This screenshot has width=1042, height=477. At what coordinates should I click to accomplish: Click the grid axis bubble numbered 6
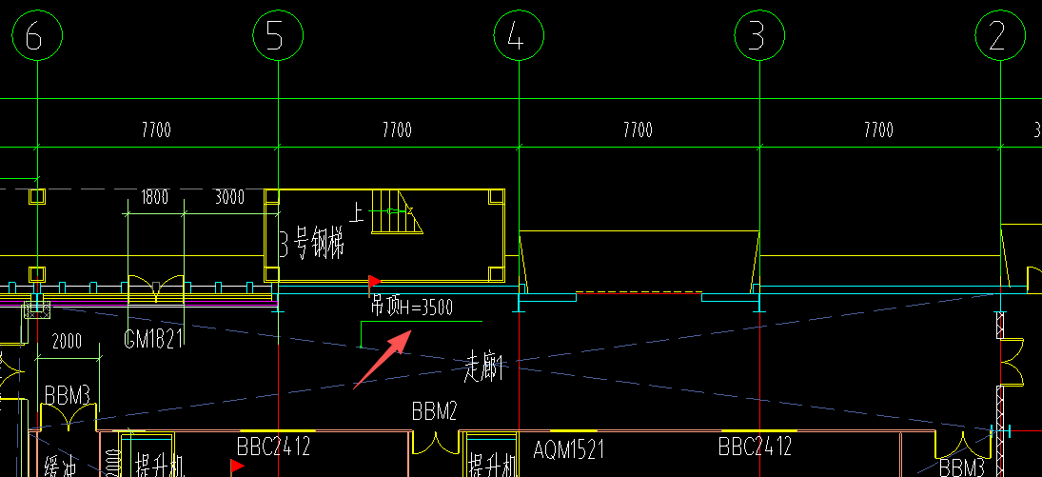tap(36, 37)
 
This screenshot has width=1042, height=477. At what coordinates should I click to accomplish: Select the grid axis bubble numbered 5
tap(277, 37)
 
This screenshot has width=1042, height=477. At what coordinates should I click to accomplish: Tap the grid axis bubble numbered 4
tap(518, 37)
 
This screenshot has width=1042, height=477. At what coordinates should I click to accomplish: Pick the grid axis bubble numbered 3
tap(758, 37)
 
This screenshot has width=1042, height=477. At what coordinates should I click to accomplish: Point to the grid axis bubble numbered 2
tap(998, 37)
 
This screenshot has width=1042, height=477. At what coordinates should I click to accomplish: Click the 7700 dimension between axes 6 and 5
tap(156, 130)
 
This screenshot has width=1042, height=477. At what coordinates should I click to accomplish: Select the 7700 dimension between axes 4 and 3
tap(638, 130)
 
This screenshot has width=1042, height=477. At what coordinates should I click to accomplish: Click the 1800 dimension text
tap(154, 198)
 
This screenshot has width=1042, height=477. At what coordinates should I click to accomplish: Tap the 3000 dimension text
tap(228, 198)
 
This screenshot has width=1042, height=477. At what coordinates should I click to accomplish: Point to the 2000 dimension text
tap(67, 342)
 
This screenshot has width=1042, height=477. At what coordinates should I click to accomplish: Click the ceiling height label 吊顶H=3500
tap(412, 308)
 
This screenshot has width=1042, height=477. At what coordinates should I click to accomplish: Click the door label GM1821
tap(153, 339)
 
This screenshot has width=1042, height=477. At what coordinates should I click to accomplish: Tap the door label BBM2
tap(435, 411)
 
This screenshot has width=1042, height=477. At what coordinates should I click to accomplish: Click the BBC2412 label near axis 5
tap(274, 446)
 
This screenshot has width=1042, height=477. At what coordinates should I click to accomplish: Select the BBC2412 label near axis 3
tap(756, 446)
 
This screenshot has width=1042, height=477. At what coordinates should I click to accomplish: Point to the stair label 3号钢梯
tap(310, 247)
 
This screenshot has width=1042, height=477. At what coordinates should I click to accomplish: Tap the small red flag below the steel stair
tap(374, 282)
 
